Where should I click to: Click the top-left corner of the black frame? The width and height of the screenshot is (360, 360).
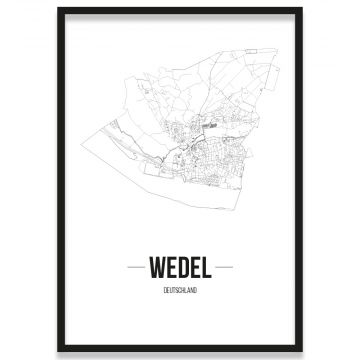click(59, 9)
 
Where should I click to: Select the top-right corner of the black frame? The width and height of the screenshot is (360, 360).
click(301, 9)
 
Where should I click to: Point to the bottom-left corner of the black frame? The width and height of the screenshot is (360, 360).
click(59, 351)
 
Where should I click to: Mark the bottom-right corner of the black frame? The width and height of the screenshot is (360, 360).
click(301, 351)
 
